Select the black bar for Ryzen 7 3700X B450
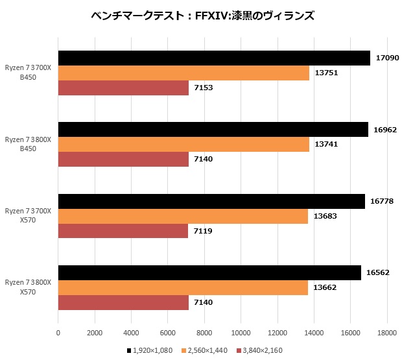(x=214, y=58)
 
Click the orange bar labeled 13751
(x=183, y=73)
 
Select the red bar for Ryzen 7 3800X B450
(x=123, y=159)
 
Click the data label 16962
(x=385, y=130)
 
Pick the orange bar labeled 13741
(x=183, y=145)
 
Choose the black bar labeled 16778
(x=211, y=202)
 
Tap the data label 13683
(x=324, y=216)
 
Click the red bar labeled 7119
(x=123, y=230)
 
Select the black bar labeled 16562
(x=209, y=273)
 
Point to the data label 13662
(x=324, y=287)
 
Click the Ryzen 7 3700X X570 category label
(x=28, y=215)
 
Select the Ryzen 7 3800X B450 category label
(x=28, y=144)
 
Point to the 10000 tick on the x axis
(x=241, y=333)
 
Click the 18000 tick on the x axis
(x=386, y=333)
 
